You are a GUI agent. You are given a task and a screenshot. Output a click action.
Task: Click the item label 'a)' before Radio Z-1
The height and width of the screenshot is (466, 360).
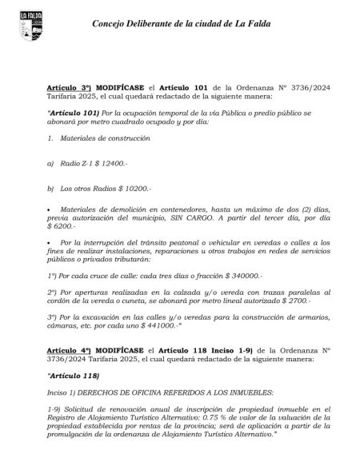51,163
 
